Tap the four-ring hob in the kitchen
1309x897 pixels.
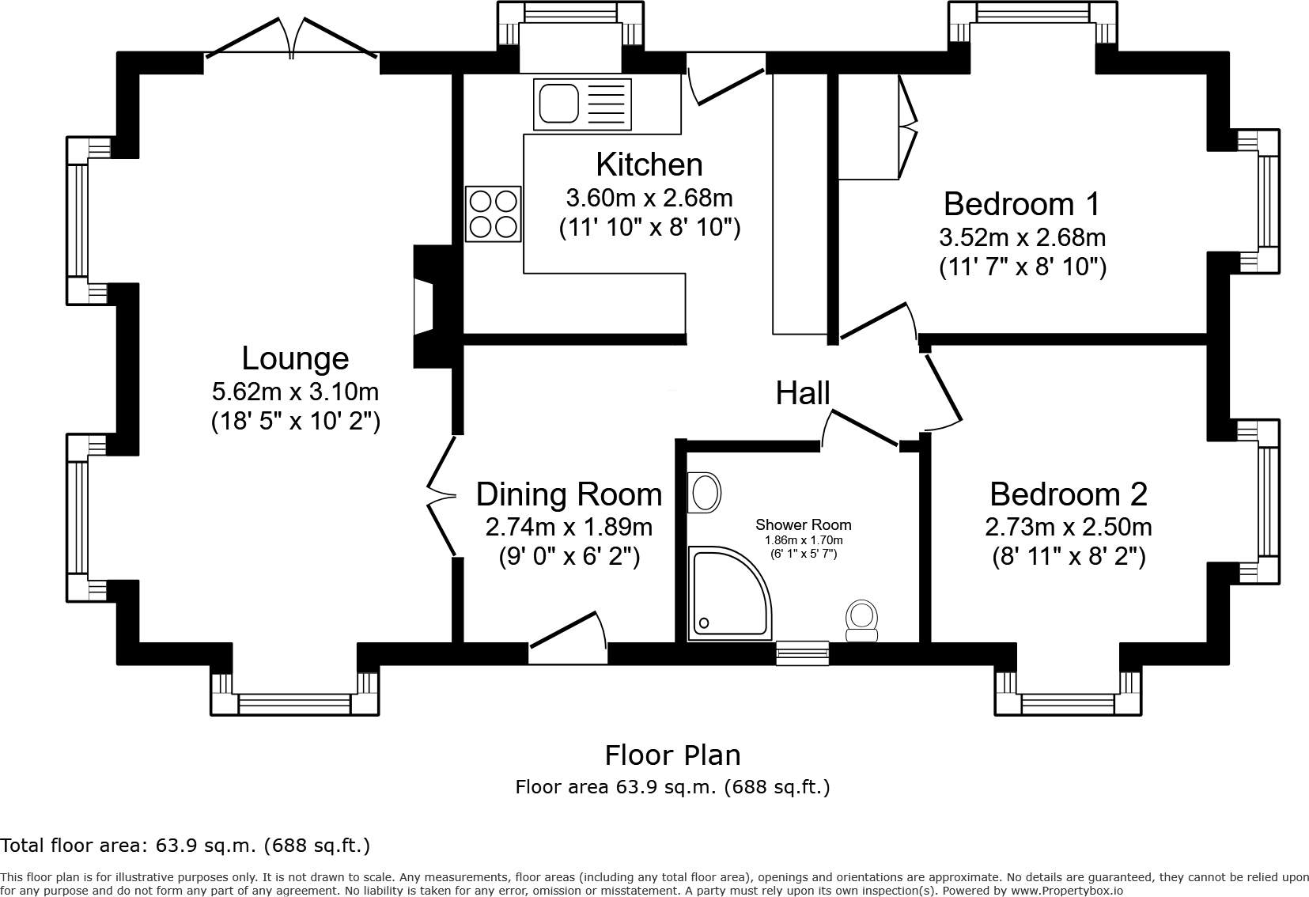tap(493, 214)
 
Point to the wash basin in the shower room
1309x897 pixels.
tap(704, 493)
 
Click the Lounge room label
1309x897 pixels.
tap(295, 358)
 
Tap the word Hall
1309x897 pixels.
tap(802, 393)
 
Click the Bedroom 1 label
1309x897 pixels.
tap(1021, 204)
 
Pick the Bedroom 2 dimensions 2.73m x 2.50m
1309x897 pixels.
tap(1068, 526)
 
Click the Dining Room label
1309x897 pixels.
tap(569, 494)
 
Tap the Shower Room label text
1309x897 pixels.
tap(803, 524)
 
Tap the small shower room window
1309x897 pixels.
tap(802, 651)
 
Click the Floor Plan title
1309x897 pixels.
tap(672, 755)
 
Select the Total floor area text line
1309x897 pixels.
tap(185, 846)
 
